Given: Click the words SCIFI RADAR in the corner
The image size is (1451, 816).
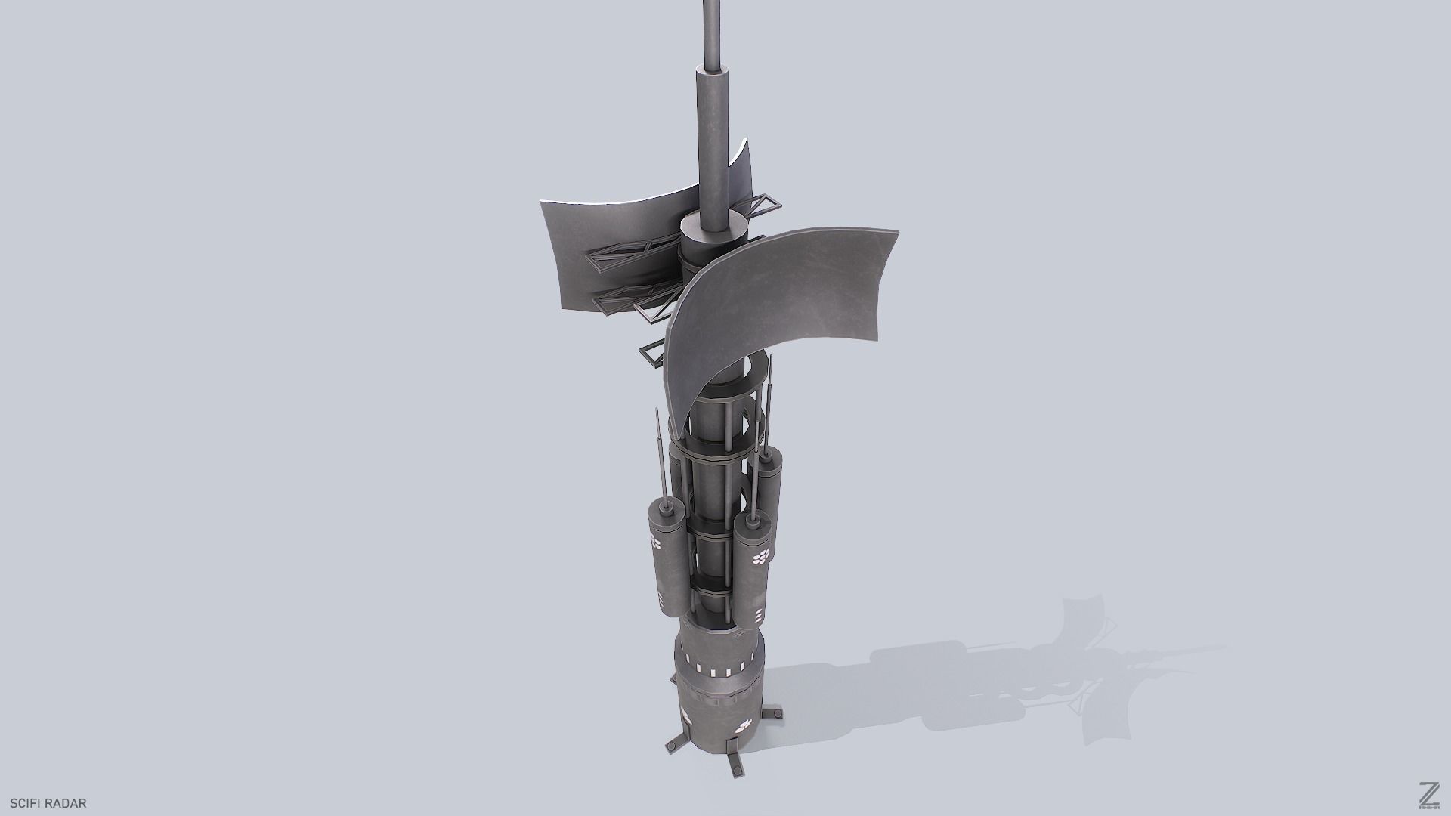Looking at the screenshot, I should tap(48, 803).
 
